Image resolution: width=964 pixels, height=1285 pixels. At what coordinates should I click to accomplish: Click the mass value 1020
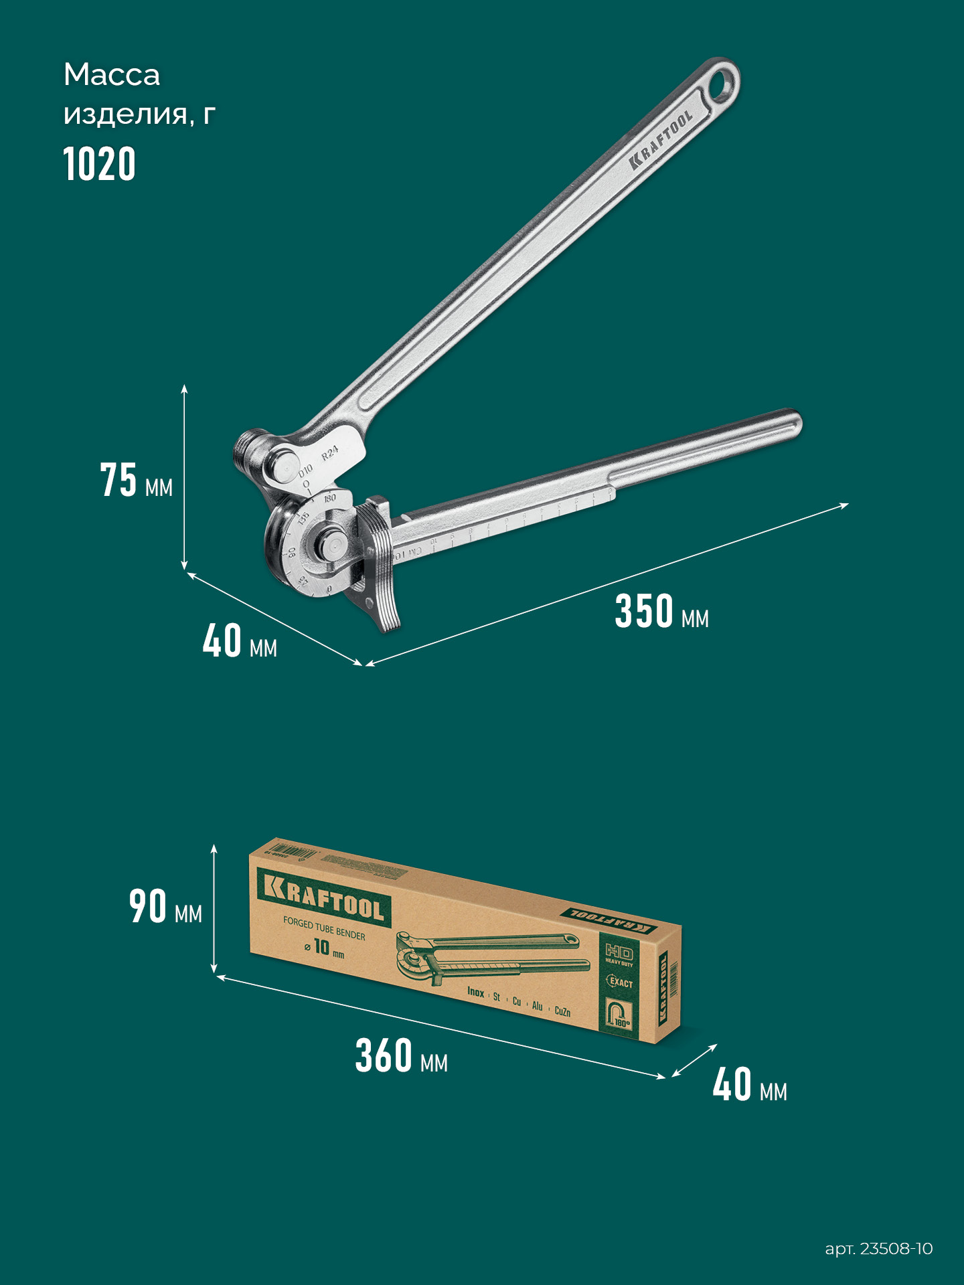(100, 165)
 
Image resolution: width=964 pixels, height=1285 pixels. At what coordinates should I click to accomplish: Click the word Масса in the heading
(112, 75)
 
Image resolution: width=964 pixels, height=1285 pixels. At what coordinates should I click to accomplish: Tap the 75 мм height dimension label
(137, 481)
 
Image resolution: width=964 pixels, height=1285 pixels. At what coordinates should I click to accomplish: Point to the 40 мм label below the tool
(240, 642)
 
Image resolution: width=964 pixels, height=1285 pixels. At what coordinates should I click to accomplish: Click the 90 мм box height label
(165, 908)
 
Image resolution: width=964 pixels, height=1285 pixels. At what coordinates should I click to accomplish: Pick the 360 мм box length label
(401, 1057)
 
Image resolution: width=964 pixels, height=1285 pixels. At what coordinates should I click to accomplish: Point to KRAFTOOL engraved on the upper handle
(661, 140)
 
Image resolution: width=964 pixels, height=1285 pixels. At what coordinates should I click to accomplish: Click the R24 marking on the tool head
(330, 453)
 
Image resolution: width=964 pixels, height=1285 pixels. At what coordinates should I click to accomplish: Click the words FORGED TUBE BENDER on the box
(324, 928)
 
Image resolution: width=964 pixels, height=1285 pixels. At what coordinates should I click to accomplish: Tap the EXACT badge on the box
(619, 982)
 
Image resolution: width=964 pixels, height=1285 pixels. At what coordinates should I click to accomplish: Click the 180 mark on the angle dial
(330, 499)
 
